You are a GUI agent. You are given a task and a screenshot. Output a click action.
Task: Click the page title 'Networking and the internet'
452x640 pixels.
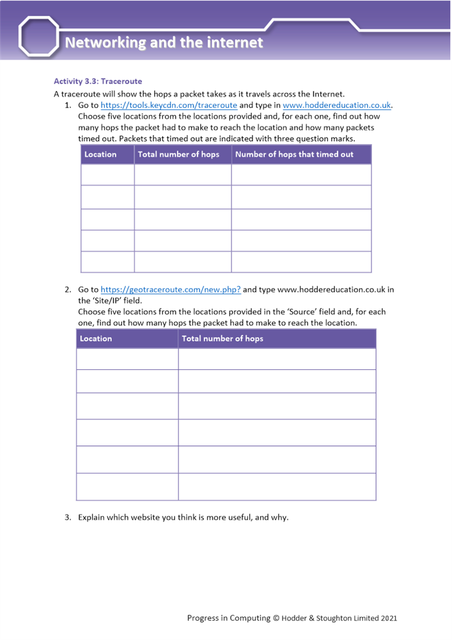tap(164, 43)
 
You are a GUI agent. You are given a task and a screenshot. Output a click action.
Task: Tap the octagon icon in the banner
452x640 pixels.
tap(39, 36)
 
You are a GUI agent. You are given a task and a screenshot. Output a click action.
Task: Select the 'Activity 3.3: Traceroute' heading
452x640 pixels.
tap(98, 81)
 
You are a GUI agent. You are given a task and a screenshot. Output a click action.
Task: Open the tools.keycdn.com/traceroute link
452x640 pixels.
tap(169, 105)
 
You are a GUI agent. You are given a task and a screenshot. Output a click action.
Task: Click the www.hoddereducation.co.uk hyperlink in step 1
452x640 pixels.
tap(336, 105)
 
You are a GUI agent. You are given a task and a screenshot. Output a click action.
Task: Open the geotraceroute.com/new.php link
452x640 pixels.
tap(171, 289)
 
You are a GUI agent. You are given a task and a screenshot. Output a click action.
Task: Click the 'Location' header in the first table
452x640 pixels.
tap(100, 154)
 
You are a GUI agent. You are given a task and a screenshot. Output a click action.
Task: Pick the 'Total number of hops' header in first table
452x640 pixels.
tap(178, 154)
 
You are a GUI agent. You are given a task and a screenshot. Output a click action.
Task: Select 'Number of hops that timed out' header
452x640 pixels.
tap(294, 154)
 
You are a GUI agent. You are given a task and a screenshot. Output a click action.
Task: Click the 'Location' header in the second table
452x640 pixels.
tap(96, 339)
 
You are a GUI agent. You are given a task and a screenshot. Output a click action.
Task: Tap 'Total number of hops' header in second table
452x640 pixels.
tap(222, 339)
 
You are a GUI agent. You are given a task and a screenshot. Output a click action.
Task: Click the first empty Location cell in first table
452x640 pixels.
tap(107, 175)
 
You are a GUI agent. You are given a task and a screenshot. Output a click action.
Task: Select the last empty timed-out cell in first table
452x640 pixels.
tap(301, 262)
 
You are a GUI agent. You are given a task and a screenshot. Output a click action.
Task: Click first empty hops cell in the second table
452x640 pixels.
tap(277, 359)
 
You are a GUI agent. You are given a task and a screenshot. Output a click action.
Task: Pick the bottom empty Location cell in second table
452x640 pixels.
tap(127, 486)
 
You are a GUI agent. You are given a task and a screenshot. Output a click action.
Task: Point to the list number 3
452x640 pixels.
tap(67, 517)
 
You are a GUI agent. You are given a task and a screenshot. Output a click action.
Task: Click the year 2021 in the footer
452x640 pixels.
tap(389, 618)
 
